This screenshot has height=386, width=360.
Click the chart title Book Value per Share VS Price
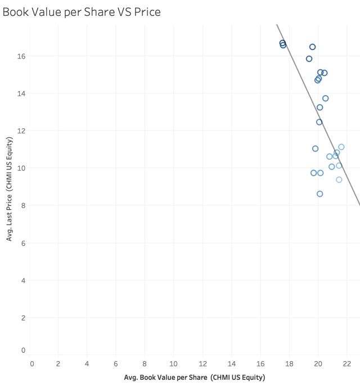[x=82, y=12]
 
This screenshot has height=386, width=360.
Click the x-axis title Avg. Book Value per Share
[x=195, y=377]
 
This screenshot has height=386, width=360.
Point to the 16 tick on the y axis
[x=21, y=56]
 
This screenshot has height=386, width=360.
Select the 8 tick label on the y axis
[x=23, y=205]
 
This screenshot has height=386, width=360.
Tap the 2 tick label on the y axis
[x=23, y=318]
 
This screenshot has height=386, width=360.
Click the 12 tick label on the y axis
[x=21, y=131]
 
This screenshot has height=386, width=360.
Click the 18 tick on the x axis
[x=289, y=363]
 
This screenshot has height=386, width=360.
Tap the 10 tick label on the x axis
[x=174, y=363]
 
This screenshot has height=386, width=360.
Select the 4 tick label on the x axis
[x=87, y=363]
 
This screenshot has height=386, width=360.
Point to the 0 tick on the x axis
[x=32, y=363]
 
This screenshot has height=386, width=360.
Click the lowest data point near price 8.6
[x=320, y=194]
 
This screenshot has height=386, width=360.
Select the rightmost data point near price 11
[x=341, y=147]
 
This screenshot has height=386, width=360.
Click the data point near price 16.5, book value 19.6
[x=313, y=47]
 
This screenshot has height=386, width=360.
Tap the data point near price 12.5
[x=319, y=122]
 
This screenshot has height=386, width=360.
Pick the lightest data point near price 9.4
[x=339, y=179]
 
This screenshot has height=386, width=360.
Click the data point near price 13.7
[x=326, y=98]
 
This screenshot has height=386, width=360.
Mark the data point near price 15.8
[x=309, y=59]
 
